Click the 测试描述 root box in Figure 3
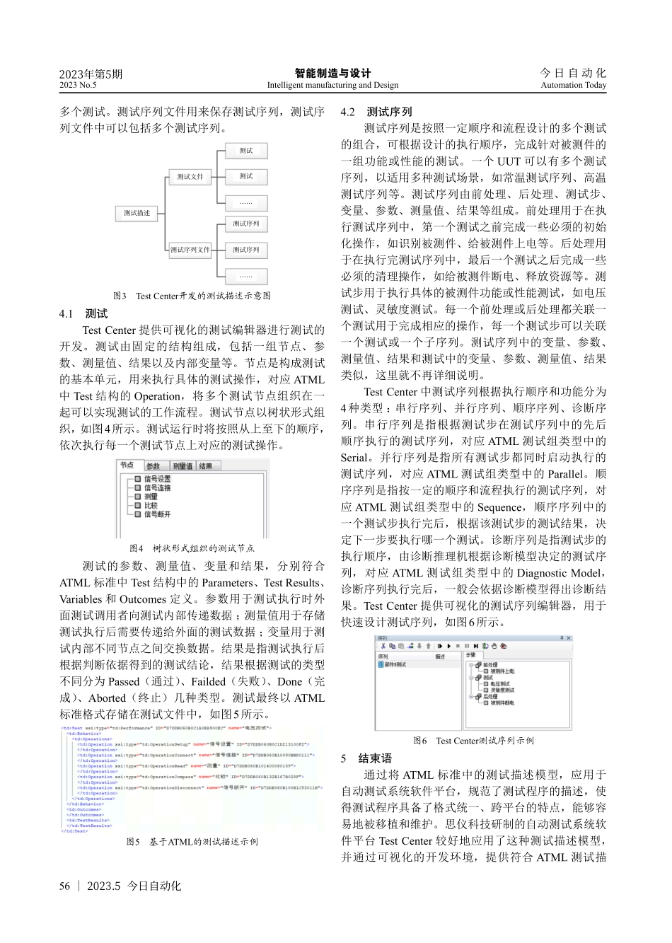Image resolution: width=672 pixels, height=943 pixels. coord(137,213)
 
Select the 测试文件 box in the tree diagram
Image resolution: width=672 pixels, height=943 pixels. coord(190,177)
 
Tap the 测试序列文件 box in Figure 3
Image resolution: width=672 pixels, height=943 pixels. coord(190,250)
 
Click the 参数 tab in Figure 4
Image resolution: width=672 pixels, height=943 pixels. coord(153,466)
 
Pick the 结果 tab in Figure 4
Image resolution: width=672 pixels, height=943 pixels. coord(206,466)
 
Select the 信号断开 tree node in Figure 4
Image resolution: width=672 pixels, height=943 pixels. coord(157,514)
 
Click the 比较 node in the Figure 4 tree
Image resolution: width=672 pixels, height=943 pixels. coord(151,505)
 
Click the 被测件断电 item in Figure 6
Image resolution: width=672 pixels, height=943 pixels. coord(501,702)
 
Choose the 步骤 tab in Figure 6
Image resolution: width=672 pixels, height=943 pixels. coord(471,655)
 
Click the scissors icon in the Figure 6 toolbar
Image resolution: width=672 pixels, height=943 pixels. coord(383,646)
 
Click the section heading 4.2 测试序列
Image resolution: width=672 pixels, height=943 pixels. coord(376,112)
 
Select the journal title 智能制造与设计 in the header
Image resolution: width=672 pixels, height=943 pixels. coord(332,73)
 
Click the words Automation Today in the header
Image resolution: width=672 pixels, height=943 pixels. coord(573,85)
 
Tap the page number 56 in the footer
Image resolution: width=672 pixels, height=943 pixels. coord(65,886)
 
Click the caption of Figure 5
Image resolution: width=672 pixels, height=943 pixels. coord(192,842)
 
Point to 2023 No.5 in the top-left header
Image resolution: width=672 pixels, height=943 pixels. coord(78,85)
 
